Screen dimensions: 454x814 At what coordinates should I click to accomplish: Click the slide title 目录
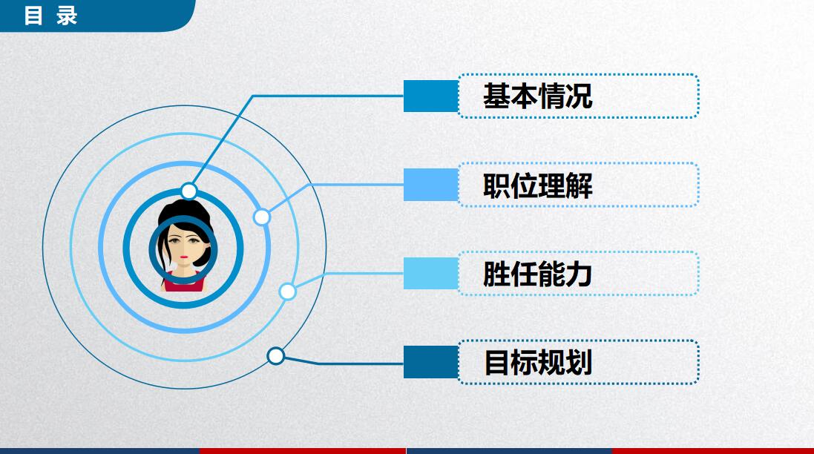pyautogui.click(x=50, y=15)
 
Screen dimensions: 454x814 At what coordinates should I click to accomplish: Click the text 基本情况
pyautogui.click(x=537, y=96)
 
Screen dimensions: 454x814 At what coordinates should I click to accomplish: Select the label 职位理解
pyautogui.click(x=537, y=185)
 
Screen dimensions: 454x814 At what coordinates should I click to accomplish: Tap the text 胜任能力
pyautogui.click(x=537, y=274)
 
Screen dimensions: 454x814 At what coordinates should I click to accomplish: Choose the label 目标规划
pyautogui.click(x=537, y=363)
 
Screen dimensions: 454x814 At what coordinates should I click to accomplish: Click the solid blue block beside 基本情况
pyautogui.click(x=430, y=96)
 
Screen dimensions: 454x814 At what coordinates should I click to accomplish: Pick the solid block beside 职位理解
pyautogui.click(x=430, y=185)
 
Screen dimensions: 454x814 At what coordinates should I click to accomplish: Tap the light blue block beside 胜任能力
pyautogui.click(x=430, y=273)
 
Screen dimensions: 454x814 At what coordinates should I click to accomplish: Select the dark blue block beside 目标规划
pyautogui.click(x=430, y=362)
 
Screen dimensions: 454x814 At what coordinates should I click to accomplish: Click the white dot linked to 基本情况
pyautogui.click(x=189, y=191)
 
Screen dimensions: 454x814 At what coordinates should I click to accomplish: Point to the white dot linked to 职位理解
pyautogui.click(x=261, y=217)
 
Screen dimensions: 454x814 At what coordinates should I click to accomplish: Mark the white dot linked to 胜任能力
pyautogui.click(x=287, y=292)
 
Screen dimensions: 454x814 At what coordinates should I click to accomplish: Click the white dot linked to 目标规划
pyautogui.click(x=275, y=356)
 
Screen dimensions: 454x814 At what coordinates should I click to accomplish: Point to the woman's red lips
pyautogui.click(x=183, y=261)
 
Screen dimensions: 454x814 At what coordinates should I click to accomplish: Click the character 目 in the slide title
pyautogui.click(x=33, y=15)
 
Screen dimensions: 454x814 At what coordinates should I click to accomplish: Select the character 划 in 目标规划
pyautogui.click(x=580, y=363)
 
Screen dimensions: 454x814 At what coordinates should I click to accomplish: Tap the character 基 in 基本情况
pyautogui.click(x=496, y=96)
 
